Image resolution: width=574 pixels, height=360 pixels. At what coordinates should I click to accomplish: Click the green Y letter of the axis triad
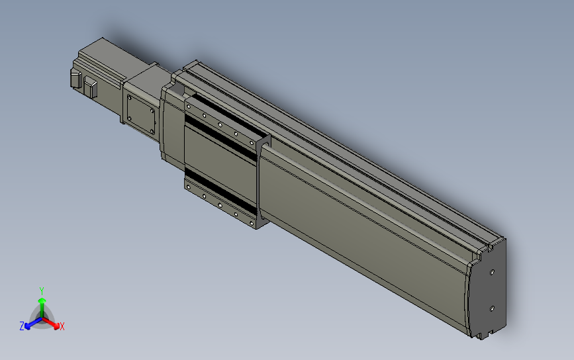[42, 291]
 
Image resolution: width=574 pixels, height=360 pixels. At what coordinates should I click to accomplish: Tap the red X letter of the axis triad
[62, 326]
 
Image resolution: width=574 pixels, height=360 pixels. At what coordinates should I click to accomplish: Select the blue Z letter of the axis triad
[22, 326]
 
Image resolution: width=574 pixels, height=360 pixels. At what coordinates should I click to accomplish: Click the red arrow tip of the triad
[56, 325]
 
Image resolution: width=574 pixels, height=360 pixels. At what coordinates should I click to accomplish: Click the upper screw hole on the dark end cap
[492, 271]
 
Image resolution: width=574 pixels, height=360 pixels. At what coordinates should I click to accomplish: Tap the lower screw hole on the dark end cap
[492, 308]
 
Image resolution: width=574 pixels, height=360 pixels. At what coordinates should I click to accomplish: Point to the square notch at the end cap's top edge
[491, 246]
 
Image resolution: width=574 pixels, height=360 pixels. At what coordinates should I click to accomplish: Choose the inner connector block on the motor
[91, 88]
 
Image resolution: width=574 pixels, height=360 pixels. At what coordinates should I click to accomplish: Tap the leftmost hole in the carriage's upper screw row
[189, 105]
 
